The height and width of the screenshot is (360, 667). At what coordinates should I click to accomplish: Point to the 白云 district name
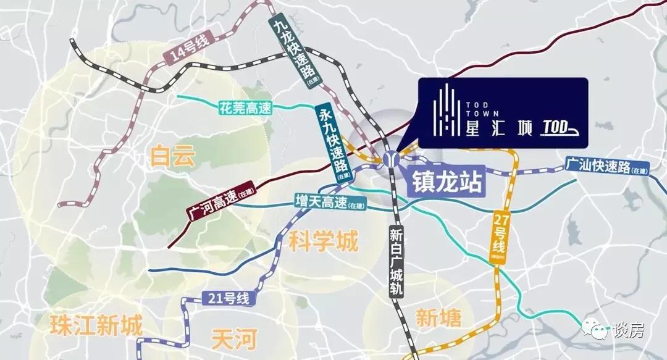point(172,156)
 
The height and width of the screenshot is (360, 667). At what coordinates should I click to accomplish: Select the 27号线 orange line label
point(498,238)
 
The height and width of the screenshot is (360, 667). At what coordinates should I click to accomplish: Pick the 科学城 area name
point(323,241)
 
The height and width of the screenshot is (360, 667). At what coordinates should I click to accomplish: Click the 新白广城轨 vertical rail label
point(395,262)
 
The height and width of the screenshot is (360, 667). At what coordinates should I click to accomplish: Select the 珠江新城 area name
point(97,325)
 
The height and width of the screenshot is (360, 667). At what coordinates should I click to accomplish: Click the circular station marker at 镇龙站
point(390,159)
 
